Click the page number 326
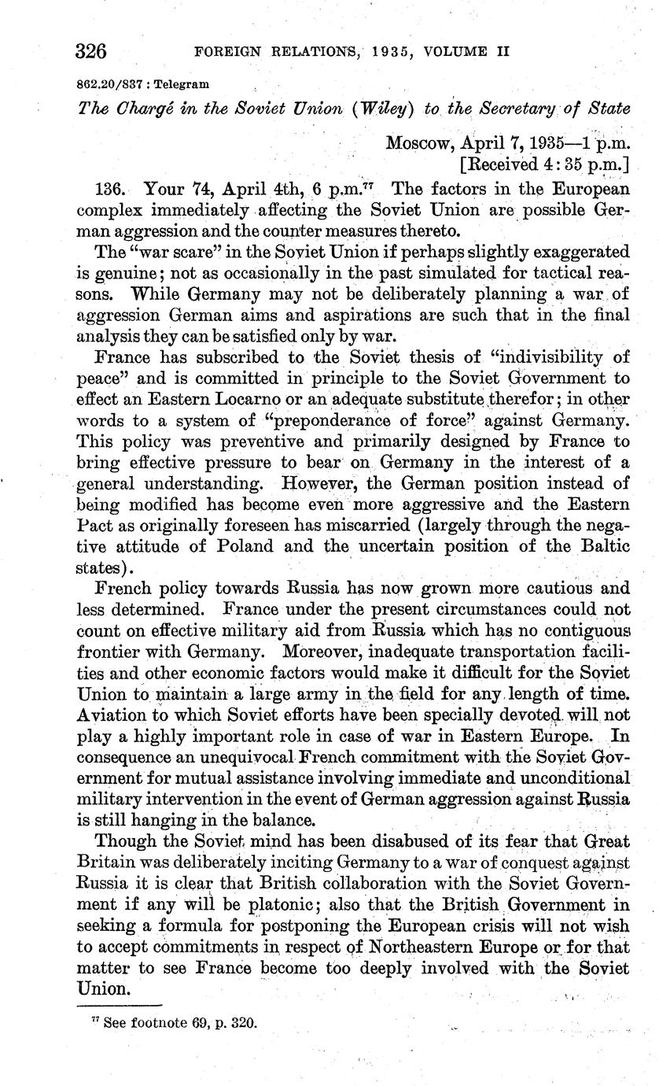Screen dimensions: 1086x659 coord(91,52)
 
